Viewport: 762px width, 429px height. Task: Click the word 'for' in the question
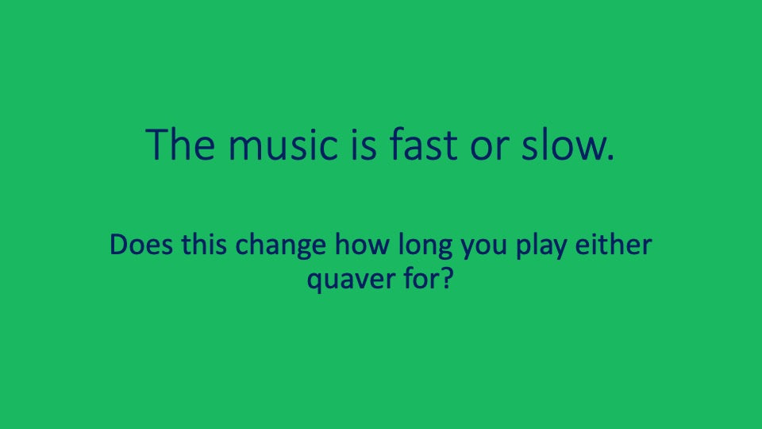click(x=414, y=278)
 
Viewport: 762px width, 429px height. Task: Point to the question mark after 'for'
click(x=444, y=278)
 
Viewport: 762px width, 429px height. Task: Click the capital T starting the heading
click(x=156, y=144)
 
